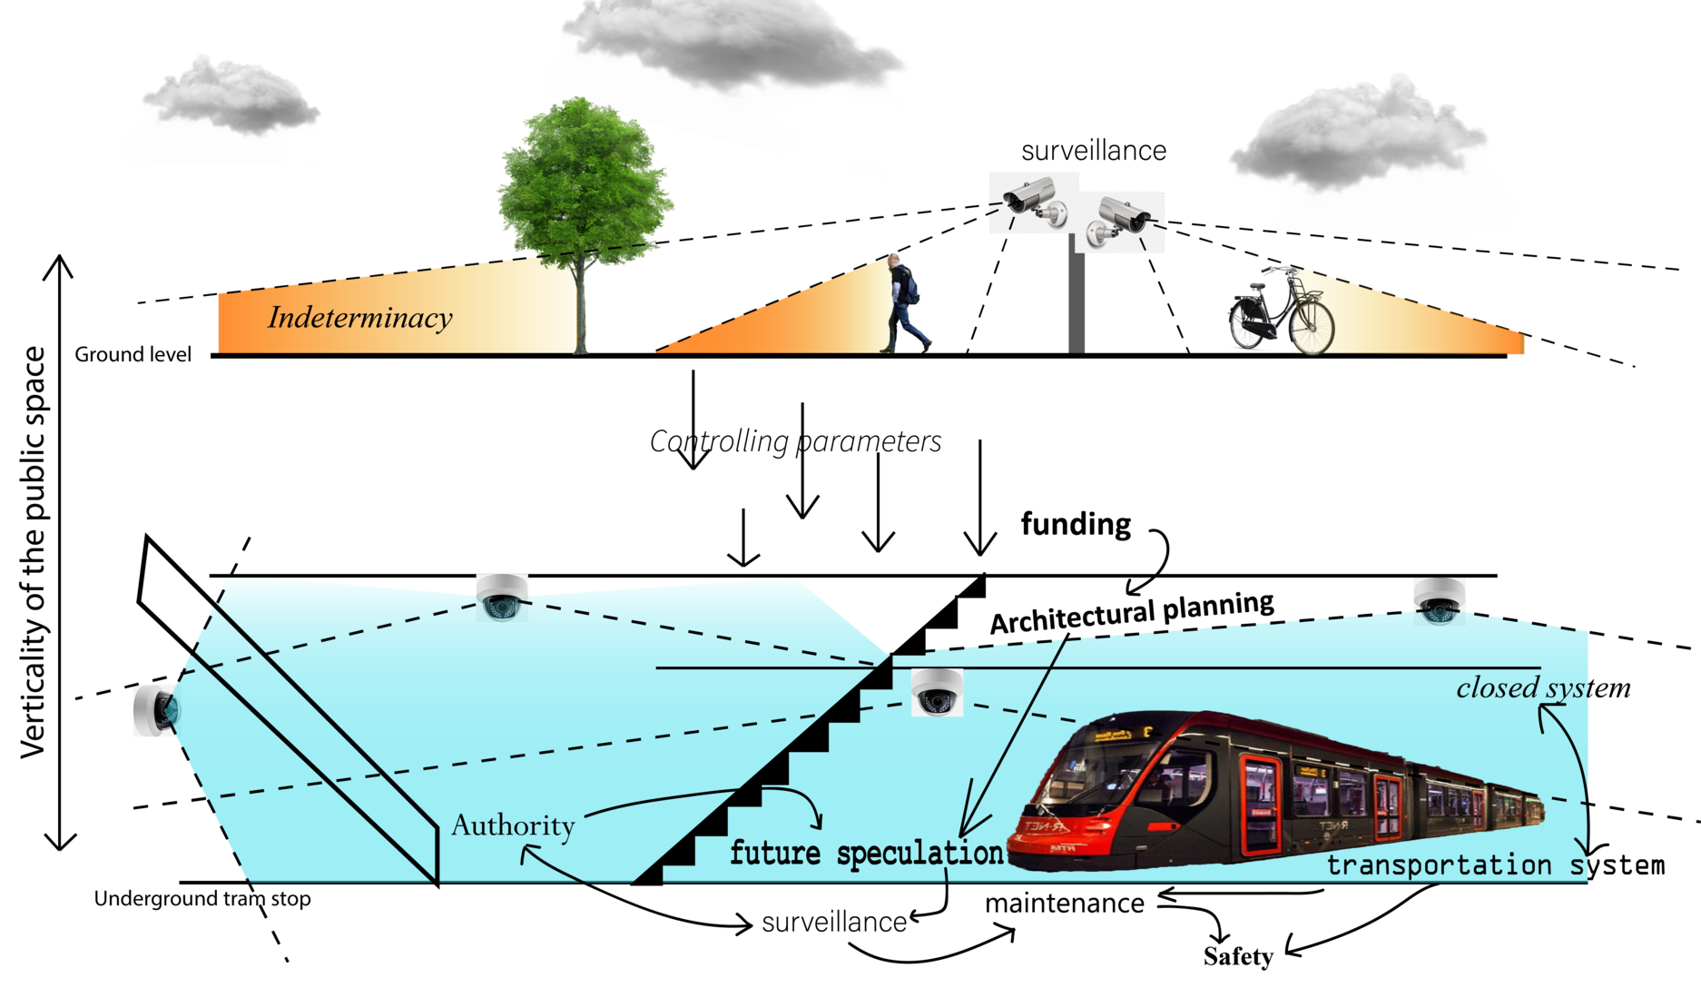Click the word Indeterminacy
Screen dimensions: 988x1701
tap(359, 318)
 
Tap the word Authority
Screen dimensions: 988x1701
tap(513, 825)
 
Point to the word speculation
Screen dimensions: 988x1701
tap(919, 854)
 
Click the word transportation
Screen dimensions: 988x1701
tap(1439, 865)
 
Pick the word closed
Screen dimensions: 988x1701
tap(1497, 687)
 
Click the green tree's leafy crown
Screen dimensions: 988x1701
tap(585, 177)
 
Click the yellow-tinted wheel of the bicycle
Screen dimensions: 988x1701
tap(1311, 327)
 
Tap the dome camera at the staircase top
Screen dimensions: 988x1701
tap(936, 693)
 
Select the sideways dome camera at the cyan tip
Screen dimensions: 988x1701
tap(157, 710)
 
